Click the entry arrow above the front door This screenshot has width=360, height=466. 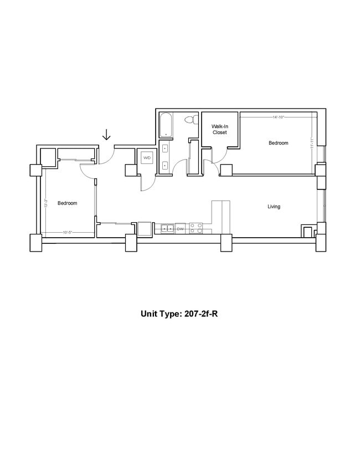pyautogui.click(x=106, y=135)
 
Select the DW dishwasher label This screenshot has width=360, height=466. pyautogui.click(x=180, y=228)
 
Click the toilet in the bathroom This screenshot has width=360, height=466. pyautogui.click(x=191, y=119)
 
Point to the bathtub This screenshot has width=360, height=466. pyautogui.click(x=166, y=125)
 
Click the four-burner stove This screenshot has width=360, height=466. pyautogui.click(x=196, y=228)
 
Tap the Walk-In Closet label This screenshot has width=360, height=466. pyautogui.click(x=219, y=130)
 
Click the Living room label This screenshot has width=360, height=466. pyautogui.click(x=274, y=207)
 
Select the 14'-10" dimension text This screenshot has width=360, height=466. pyautogui.click(x=280, y=117)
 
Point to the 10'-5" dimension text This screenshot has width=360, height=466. pyautogui.click(x=68, y=232)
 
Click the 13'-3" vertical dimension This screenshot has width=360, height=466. pyautogui.click(x=45, y=203)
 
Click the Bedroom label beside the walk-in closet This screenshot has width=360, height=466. pyautogui.click(x=278, y=143)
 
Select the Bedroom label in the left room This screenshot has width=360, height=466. pyautogui.click(x=67, y=203)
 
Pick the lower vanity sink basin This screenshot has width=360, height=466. pyautogui.click(x=165, y=165)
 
